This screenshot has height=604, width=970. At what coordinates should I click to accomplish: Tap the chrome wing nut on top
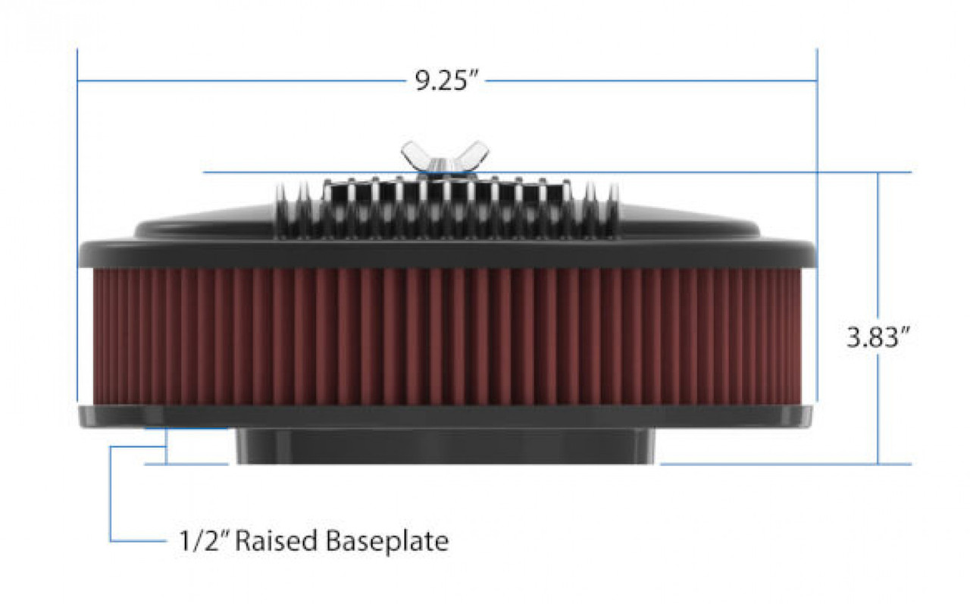tap(445, 158)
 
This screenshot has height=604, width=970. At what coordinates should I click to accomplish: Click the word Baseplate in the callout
tap(389, 541)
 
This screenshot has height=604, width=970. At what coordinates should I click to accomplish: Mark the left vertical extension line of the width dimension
tap(77, 227)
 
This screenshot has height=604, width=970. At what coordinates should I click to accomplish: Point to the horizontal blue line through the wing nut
tap(682, 173)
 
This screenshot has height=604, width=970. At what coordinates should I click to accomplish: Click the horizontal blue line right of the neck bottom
tap(781, 464)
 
